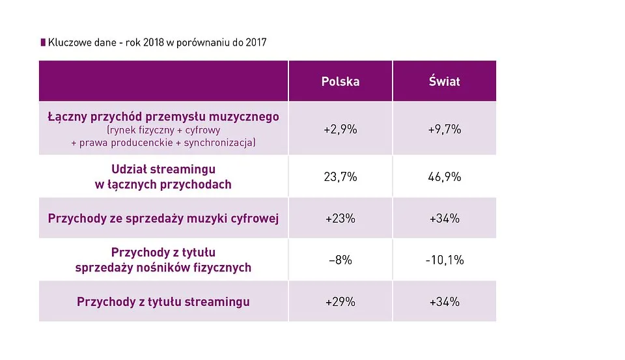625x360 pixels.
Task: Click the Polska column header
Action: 340,81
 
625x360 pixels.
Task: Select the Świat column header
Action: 444,81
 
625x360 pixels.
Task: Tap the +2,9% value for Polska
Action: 340,129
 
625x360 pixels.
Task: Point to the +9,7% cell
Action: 444,129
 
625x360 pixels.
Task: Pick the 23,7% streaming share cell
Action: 340,176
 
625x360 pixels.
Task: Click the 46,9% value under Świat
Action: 444,176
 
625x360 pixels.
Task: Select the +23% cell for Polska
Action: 340,219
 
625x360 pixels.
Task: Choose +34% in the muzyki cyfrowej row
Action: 444,219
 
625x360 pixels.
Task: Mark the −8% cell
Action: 340,260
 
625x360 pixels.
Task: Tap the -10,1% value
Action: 444,260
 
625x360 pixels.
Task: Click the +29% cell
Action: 340,301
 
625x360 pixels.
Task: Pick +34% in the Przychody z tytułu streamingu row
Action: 444,301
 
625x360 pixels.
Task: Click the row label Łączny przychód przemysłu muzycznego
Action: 163,117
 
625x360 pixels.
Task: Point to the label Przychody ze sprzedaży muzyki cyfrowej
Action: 163,219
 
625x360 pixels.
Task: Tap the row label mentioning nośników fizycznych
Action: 163,267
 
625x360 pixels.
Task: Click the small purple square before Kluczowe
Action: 43,43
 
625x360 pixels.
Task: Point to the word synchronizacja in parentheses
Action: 219,143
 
